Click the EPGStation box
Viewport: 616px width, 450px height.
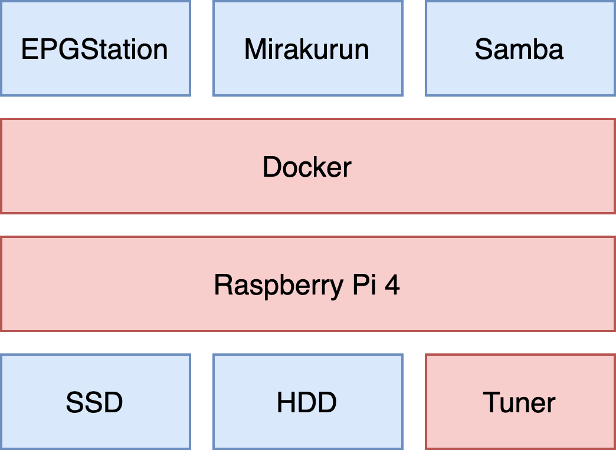(95, 48)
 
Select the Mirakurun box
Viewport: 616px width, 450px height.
(307, 48)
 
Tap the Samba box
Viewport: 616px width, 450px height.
(519, 48)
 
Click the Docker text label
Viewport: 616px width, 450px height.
(307, 167)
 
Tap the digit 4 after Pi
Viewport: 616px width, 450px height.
(392, 285)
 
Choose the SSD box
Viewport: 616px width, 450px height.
(95, 402)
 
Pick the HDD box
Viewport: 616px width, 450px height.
(307, 402)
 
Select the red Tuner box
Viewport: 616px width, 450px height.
(519, 402)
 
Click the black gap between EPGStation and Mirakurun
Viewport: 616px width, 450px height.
(202, 48)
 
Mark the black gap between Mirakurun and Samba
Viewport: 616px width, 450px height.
(414, 48)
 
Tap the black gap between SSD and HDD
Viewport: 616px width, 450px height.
(202, 402)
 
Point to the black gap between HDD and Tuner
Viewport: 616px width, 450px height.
(414, 402)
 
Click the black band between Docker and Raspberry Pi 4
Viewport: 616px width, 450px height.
(307, 225)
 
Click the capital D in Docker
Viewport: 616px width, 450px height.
(271, 167)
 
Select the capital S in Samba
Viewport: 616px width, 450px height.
(483, 49)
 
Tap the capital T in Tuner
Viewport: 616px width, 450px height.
(491, 403)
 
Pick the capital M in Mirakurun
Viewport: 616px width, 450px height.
(255, 49)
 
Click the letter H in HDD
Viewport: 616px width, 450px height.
(286, 403)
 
